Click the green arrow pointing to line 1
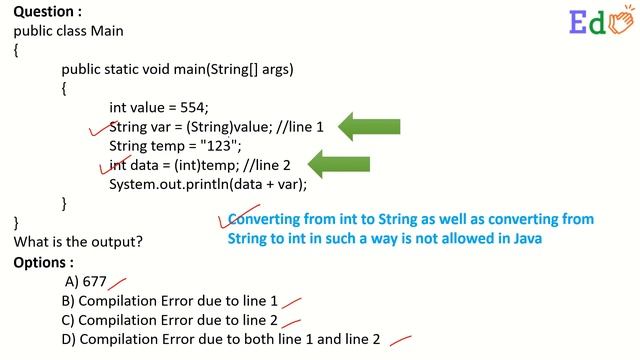click(x=369, y=126)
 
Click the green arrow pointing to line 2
click(x=340, y=164)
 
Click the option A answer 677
click(x=94, y=282)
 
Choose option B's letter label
click(x=68, y=301)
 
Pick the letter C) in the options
click(x=68, y=320)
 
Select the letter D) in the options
click(x=68, y=339)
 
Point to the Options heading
click(x=42, y=262)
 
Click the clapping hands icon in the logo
click(x=620, y=21)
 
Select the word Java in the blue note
click(x=527, y=239)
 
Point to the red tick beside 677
click(x=118, y=283)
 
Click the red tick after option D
click(x=400, y=340)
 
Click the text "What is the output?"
click(x=78, y=242)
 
